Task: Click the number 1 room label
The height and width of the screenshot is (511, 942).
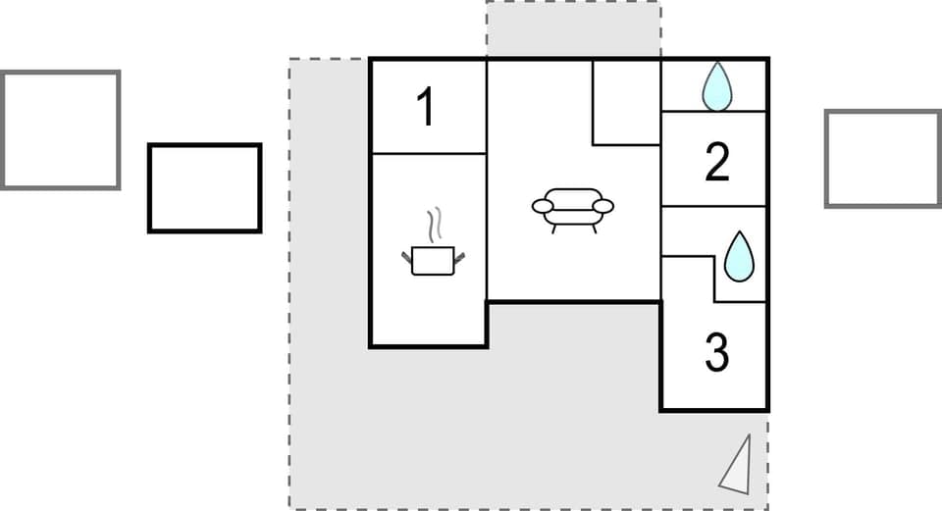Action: coord(426,107)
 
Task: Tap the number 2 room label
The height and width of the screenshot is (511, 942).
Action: coord(717,163)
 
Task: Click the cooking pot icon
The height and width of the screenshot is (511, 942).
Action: coord(432,260)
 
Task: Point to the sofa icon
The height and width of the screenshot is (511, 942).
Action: coord(572,207)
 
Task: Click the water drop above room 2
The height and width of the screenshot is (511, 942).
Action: coord(717,86)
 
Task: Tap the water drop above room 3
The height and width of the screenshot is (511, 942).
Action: coord(739,256)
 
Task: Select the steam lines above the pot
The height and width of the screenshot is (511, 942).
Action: coord(433,225)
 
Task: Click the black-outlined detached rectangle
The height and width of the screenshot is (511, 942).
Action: coord(205,188)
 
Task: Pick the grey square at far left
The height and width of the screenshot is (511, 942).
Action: coord(60,129)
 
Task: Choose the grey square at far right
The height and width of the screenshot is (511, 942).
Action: coord(882,159)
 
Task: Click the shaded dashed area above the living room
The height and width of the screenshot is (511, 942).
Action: coord(573,29)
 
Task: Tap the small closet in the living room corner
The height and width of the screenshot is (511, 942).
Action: coord(626,102)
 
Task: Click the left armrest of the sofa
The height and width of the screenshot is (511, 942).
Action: coord(543,206)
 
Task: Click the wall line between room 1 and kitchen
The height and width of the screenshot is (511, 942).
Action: coord(428,153)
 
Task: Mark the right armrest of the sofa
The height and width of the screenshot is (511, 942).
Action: coord(602,206)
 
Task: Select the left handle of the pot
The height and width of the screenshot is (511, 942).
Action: coord(406,257)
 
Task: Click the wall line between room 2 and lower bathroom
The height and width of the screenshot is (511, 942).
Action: coord(714,206)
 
